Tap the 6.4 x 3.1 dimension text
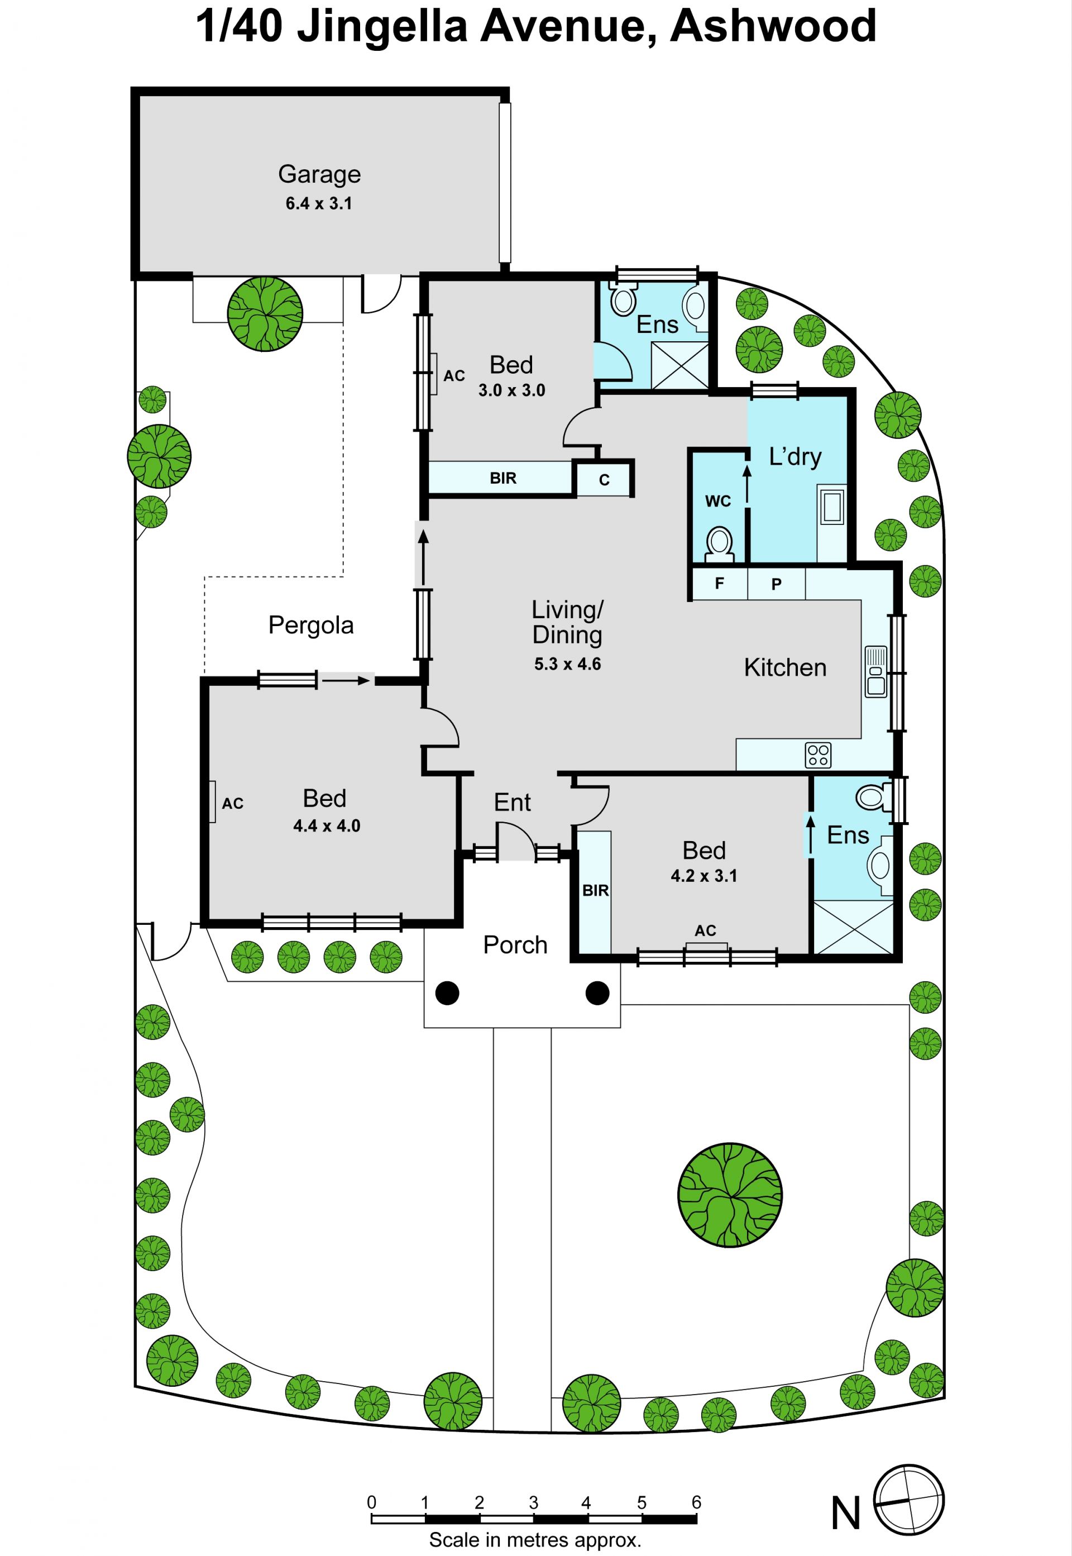319,203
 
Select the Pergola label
311,626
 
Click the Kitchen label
785,667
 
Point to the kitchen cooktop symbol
818,755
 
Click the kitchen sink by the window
876,672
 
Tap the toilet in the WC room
719,543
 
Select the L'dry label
795,457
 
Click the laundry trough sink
832,505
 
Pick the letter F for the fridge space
719,583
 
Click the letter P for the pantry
777,584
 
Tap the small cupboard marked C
604,480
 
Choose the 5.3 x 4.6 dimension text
568,664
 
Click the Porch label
515,944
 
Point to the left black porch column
447,992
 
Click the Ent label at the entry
513,802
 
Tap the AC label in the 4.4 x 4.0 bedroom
232,803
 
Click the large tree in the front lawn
729,1195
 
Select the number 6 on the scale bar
697,1502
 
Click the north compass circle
909,1515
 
